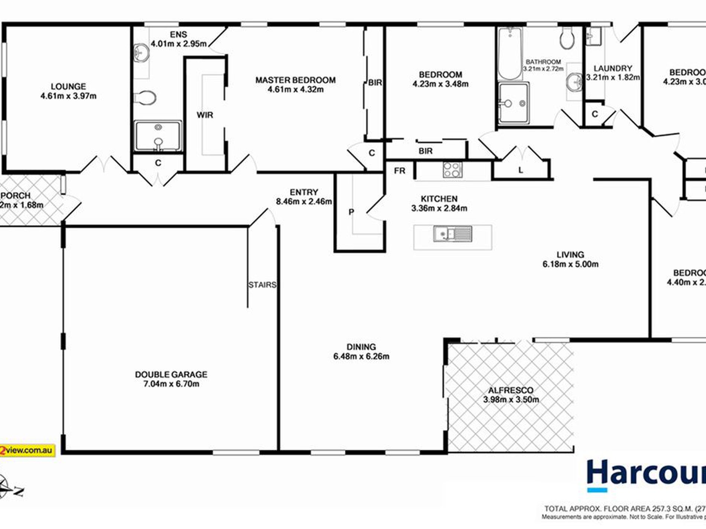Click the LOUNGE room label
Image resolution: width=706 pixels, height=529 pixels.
(x=68, y=86)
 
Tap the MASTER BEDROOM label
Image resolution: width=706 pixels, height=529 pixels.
(x=295, y=80)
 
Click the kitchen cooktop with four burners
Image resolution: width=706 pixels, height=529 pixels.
(x=453, y=170)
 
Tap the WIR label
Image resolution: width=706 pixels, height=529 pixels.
(x=205, y=115)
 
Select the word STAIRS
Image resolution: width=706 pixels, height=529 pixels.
(x=262, y=285)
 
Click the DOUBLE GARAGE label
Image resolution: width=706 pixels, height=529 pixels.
(x=171, y=375)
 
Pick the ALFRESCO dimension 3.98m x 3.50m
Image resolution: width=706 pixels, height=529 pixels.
(x=511, y=400)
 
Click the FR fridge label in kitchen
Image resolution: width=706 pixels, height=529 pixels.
(x=399, y=171)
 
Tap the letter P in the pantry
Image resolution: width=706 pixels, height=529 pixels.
(x=351, y=212)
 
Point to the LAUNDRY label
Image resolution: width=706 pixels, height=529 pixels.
(x=613, y=68)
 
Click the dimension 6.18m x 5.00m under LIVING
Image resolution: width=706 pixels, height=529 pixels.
(x=570, y=264)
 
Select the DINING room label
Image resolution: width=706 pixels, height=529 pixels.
(x=361, y=347)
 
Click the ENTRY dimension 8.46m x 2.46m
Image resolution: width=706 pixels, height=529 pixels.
(x=304, y=202)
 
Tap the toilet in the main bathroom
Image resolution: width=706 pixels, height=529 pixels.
(x=567, y=38)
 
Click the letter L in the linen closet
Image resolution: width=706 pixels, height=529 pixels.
(x=521, y=170)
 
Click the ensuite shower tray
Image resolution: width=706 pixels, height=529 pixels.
(x=158, y=136)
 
